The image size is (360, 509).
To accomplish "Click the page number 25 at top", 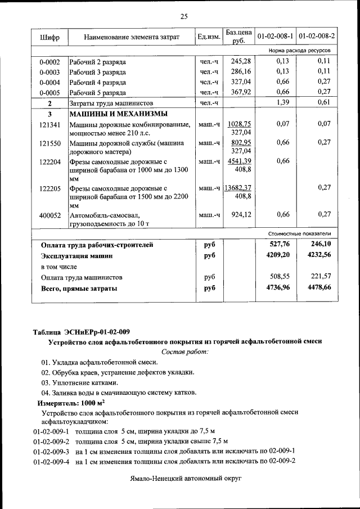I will [183, 16].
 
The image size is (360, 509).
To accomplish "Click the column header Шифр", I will [49, 37].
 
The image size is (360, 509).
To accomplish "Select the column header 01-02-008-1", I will [275, 37].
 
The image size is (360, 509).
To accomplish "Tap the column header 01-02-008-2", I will [317, 37].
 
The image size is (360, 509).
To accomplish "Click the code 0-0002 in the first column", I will [49, 61].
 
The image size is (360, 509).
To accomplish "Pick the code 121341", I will [49, 124].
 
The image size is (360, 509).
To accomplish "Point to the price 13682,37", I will [238, 187].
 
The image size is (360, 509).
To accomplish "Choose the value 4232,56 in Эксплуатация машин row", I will [319, 255].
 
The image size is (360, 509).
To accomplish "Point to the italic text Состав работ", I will [184, 352].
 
